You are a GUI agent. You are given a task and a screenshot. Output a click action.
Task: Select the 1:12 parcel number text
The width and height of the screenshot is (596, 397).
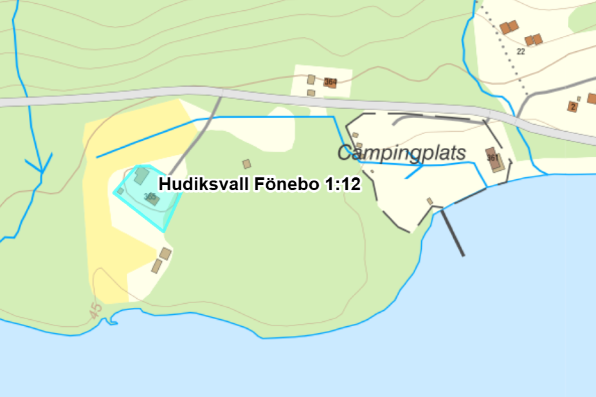343,184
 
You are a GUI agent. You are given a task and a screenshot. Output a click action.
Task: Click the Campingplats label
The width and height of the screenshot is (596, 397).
402,153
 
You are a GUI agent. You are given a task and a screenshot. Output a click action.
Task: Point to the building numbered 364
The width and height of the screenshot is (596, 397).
330,82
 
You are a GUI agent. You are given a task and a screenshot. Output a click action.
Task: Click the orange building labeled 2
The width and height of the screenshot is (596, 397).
573,107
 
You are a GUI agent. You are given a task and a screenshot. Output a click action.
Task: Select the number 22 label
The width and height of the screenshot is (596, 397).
521,52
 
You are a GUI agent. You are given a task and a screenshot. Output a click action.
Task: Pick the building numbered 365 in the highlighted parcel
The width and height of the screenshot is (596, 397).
153,198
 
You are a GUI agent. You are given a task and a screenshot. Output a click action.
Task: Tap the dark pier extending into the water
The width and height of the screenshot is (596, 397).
453,233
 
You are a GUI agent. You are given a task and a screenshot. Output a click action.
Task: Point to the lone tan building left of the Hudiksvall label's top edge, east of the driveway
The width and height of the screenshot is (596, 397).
246,164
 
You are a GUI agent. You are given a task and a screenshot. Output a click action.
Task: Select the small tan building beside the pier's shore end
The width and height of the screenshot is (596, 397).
430,201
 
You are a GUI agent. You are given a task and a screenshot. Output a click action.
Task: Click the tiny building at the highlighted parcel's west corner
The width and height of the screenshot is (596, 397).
120,191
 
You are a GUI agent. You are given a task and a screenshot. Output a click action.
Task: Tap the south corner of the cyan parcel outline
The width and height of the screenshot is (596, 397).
164,232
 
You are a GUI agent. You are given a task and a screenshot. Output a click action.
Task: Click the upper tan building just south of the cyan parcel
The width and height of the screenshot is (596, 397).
165,254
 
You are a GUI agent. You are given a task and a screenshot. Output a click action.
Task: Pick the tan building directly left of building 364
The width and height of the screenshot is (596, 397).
311,79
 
